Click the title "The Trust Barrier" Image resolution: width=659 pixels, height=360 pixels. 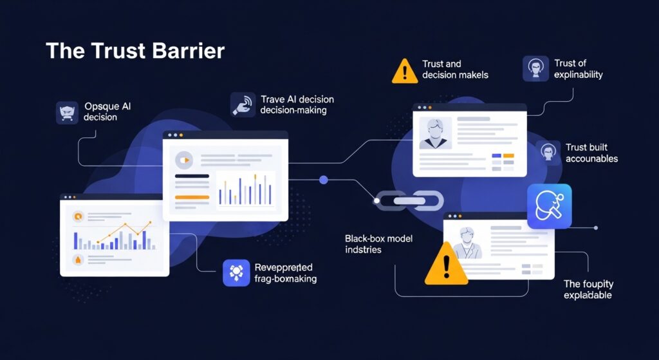(135, 52)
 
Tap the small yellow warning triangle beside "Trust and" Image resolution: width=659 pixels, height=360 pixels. (405, 70)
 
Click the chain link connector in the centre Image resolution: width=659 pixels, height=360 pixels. (409, 201)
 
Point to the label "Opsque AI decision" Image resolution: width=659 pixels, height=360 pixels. (107, 111)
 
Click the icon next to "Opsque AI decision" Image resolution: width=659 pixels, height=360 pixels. (67, 112)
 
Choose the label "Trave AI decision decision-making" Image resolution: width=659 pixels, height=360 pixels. (297, 105)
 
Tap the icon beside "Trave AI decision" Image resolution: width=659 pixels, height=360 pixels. (243, 104)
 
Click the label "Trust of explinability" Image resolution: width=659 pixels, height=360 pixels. (578, 69)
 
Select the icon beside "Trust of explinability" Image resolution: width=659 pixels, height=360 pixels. (535, 68)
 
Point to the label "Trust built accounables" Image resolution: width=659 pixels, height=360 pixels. (591, 153)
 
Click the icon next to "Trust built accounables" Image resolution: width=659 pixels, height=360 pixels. (548, 153)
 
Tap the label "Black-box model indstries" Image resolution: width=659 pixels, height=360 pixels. (378, 243)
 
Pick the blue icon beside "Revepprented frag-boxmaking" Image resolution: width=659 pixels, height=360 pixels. (236, 272)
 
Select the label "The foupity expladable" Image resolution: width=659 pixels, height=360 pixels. (588, 289)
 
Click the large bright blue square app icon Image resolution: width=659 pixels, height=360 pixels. (549, 206)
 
